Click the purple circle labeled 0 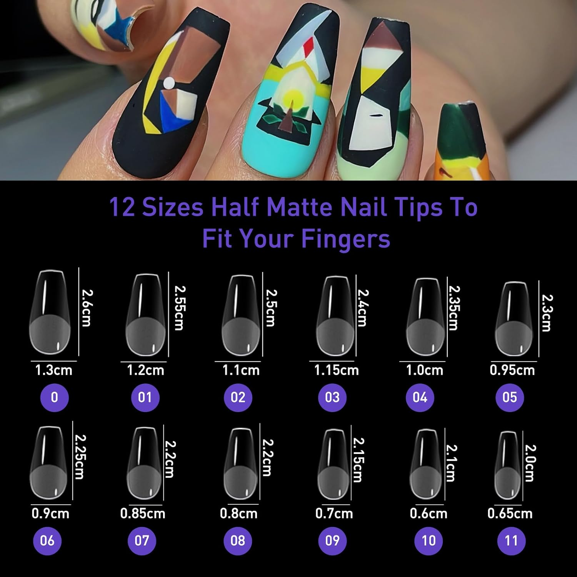point(54,397)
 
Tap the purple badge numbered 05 point(510,397)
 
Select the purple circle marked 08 point(238,540)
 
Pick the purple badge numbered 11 point(511,540)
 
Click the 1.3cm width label point(53,370)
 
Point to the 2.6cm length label point(87,308)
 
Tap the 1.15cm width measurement point(336,370)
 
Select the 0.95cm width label point(512,370)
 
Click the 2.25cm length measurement point(80,457)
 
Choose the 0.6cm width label point(429,514)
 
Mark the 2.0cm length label point(530,463)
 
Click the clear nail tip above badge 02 point(240,315)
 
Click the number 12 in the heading point(122,208)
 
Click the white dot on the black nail point(168,83)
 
